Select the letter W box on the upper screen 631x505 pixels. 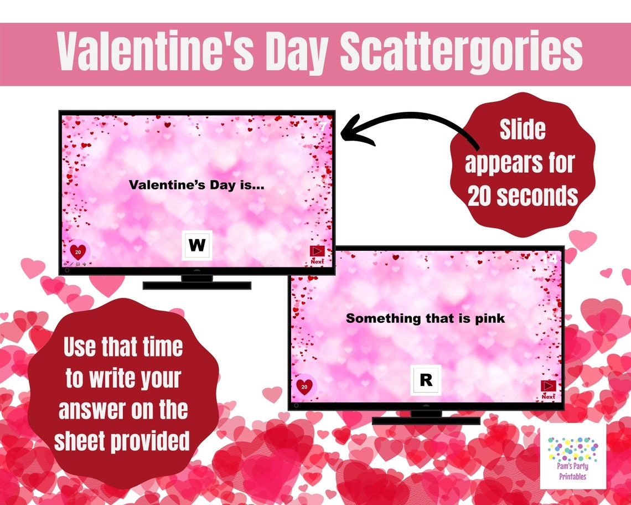tap(196, 245)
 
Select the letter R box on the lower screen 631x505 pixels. tap(425, 380)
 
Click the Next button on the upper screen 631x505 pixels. tap(317, 254)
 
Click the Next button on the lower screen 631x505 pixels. tap(548, 389)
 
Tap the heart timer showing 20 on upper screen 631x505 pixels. tap(79, 252)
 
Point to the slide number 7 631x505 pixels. tap(323, 127)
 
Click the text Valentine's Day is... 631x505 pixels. tap(196, 185)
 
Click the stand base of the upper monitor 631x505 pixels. tap(196, 285)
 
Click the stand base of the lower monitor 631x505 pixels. tap(425, 420)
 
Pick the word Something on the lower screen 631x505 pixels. tap(383, 318)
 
